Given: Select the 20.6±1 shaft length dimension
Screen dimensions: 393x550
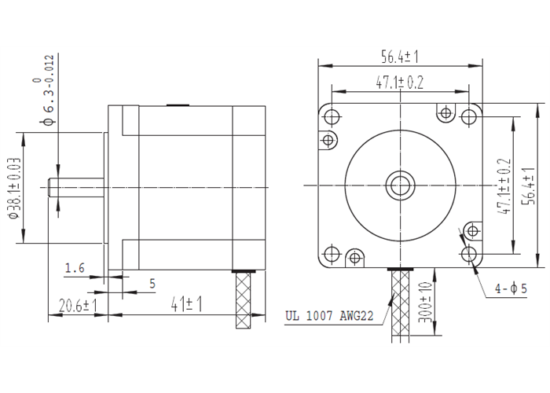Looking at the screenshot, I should pos(76,304).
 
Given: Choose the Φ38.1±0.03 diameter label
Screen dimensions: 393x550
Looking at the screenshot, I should pos(13,189).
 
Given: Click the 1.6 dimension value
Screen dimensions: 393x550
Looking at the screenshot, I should pos(75,269).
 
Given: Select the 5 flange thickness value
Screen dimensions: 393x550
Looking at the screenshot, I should pos(152,282).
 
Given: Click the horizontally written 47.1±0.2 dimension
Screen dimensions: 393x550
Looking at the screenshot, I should pos(401,82).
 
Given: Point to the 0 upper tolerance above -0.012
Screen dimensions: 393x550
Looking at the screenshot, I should pos(36,81).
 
